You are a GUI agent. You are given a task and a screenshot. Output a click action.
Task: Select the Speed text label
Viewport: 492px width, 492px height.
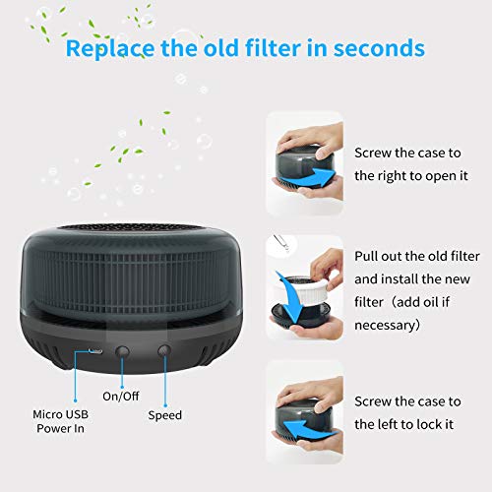(165, 414)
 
